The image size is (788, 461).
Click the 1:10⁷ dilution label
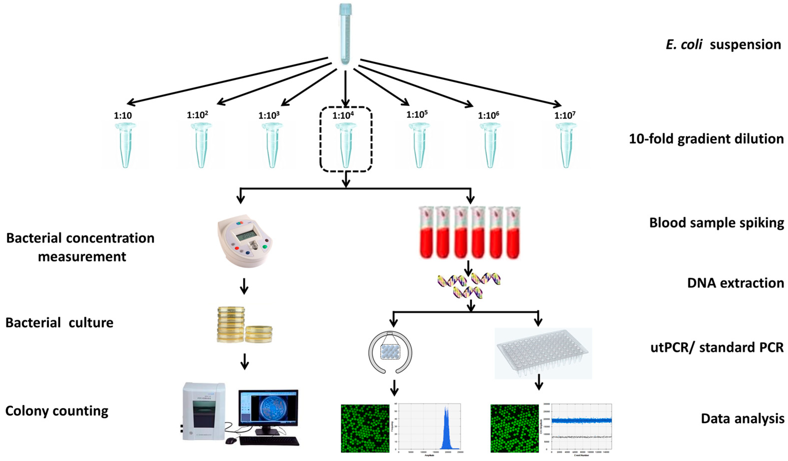point(565,115)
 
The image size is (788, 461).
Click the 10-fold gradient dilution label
point(706,139)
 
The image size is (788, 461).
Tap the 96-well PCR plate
point(543,352)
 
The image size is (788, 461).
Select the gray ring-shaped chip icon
point(390,352)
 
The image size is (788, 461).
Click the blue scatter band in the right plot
point(581,420)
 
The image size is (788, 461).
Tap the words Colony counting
point(57,411)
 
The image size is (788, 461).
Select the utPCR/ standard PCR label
point(717,347)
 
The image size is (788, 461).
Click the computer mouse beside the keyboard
point(231,440)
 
